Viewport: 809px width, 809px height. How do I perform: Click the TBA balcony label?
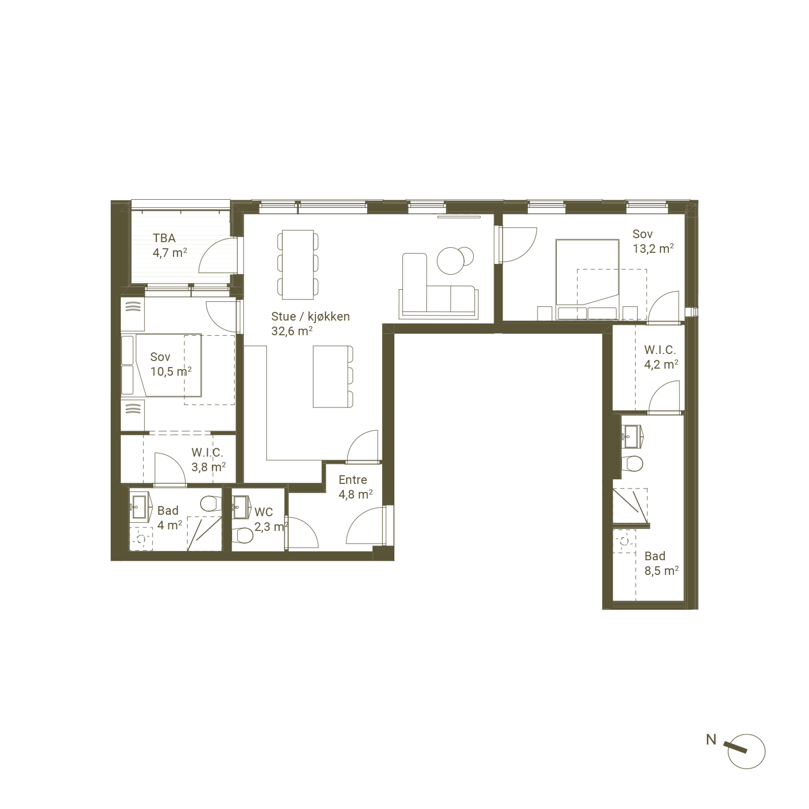click(x=164, y=238)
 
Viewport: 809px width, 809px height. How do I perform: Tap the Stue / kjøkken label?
click(x=310, y=317)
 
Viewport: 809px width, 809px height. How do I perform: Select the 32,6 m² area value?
click(x=292, y=331)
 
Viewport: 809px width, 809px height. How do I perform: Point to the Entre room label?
click(x=353, y=480)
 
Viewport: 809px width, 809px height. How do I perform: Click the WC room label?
click(x=263, y=512)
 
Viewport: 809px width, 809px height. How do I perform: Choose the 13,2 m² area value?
click(x=653, y=248)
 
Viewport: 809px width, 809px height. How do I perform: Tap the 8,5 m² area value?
click(x=661, y=571)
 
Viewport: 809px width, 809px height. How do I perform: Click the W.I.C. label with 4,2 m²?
click(x=660, y=350)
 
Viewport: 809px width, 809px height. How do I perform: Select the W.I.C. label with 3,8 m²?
click(x=207, y=453)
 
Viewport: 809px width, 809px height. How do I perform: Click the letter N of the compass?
click(x=711, y=740)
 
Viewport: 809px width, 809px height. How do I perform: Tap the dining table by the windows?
click(x=298, y=264)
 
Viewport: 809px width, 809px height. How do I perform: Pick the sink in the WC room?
click(x=240, y=506)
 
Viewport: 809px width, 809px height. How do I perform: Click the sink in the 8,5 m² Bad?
click(x=632, y=436)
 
